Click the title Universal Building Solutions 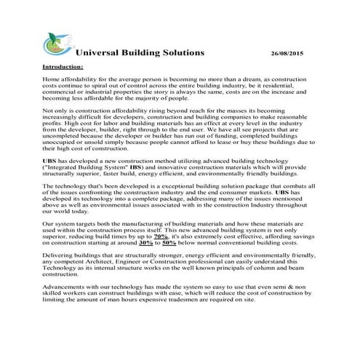click(x=140, y=53)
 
